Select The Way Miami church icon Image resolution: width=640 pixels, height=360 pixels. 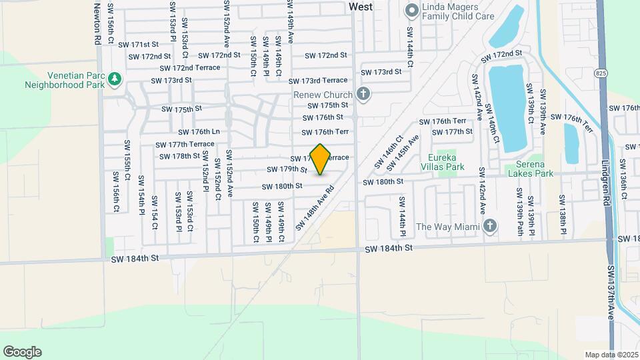pos(491,226)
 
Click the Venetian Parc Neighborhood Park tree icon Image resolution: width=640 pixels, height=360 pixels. pos(115,79)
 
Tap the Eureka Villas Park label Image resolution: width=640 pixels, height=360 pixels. pos(437,163)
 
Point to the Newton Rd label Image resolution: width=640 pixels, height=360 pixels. pos(97,24)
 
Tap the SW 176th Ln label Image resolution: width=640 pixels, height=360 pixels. pos(199,131)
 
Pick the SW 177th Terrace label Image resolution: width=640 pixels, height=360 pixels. pos(185,144)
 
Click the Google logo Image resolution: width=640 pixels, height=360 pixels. pos(22,352)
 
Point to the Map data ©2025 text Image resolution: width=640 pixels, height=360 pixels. pos(611,355)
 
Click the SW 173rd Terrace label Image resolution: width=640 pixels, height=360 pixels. pos(318,81)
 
